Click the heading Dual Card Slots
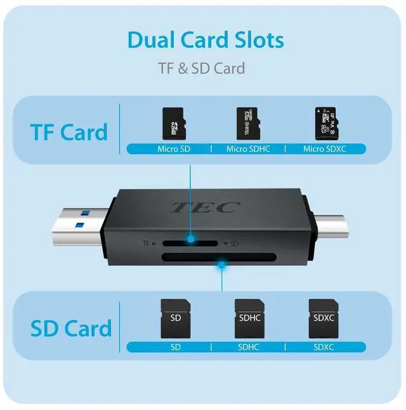[206, 39]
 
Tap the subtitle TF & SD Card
[201, 67]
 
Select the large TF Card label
[69, 133]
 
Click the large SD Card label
[71, 328]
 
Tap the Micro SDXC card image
[324, 123]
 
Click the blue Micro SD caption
[173, 149]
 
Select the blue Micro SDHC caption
[248, 149]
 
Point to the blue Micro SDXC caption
[325, 149]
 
